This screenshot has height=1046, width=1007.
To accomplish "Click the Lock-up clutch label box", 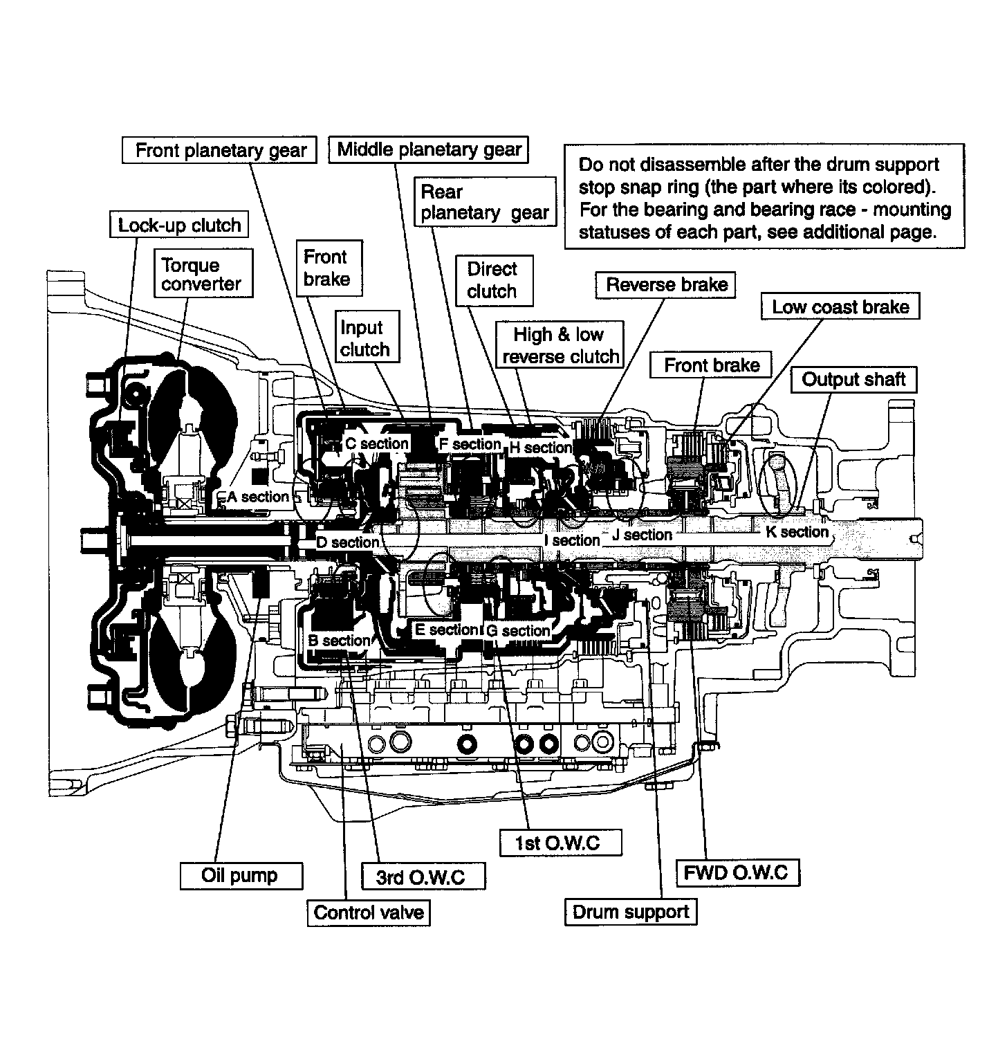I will (179, 226).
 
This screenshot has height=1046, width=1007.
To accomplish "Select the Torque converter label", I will (201, 275).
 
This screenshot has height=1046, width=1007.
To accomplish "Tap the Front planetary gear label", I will (220, 150).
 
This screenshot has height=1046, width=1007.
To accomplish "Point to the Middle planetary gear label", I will (429, 149).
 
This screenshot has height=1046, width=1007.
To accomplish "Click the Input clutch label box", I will (364, 338).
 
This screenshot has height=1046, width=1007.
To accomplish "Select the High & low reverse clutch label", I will (560, 345).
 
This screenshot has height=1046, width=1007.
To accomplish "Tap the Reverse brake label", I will (666, 284).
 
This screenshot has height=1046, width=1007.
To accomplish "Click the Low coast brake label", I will (840, 306).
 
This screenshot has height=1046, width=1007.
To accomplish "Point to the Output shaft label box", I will (853, 379).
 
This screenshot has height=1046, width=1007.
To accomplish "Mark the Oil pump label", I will (239, 875).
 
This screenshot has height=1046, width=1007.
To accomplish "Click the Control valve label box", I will (369, 912).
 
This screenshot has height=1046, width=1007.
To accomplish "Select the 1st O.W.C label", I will (557, 842).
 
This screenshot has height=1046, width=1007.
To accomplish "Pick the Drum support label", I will (631, 912).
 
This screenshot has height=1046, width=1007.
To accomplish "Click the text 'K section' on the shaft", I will (797, 532).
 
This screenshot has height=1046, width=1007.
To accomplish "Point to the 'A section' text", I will (258, 497).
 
